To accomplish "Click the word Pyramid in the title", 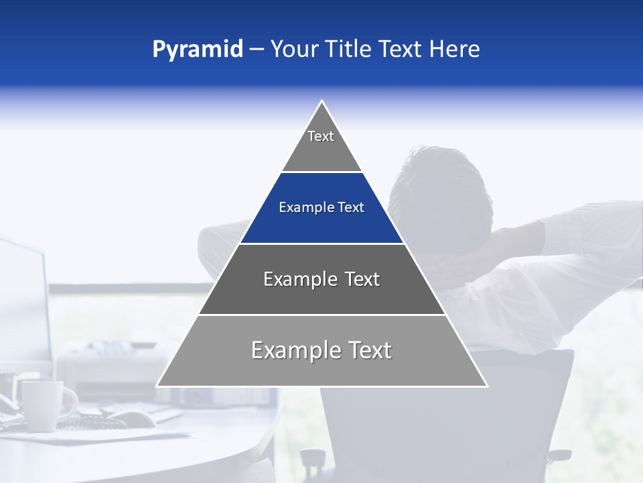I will click(x=197, y=50).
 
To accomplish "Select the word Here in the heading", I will click(x=454, y=49).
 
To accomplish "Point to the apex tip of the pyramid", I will click(x=322, y=102).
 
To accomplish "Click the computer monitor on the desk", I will click(x=23, y=302).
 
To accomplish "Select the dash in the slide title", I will click(x=257, y=50).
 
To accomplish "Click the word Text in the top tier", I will click(x=321, y=136).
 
